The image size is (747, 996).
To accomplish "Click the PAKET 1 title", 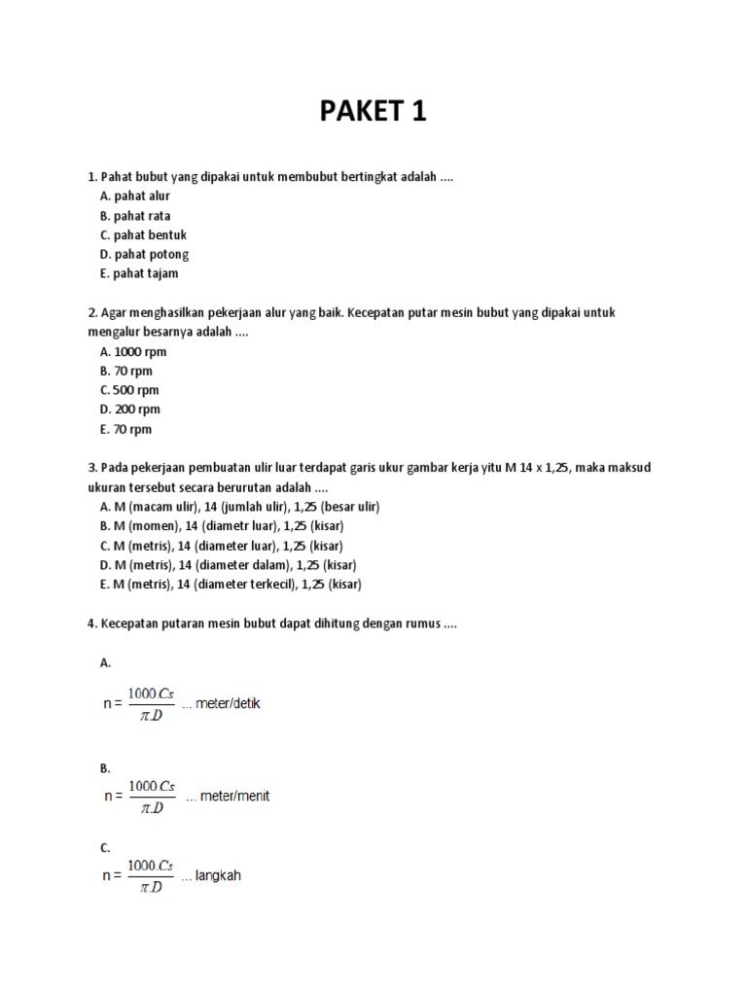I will (x=373, y=112).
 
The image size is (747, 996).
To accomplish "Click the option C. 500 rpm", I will (x=128, y=391).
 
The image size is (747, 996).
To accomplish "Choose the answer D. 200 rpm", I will (x=129, y=410).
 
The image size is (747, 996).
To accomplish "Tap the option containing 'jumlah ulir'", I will (x=239, y=508).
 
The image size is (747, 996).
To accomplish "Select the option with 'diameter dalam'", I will (x=228, y=566).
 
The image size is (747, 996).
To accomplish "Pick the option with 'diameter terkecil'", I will (x=231, y=585).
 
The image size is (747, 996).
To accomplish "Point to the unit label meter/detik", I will (x=228, y=703).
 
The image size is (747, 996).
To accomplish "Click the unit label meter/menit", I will (x=234, y=797).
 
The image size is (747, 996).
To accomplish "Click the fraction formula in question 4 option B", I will (x=152, y=796).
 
